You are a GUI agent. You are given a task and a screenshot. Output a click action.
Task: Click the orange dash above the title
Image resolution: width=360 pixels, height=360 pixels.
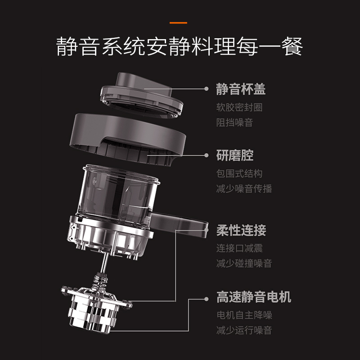pos(178,23)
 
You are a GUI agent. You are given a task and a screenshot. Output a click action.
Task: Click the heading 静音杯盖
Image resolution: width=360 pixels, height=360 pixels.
pos(241,89)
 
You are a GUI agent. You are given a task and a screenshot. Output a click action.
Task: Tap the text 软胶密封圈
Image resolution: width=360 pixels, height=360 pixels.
pos(239,107)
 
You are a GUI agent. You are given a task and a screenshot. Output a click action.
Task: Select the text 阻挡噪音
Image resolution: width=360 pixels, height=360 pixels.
pos(234,122)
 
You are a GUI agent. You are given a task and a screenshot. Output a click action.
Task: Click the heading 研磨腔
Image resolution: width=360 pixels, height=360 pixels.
pos(235,155)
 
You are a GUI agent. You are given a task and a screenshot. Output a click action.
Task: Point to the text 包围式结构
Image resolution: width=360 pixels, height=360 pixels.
pos(239,173)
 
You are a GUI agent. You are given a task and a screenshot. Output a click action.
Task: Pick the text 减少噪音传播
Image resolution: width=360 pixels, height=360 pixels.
pos(244,189)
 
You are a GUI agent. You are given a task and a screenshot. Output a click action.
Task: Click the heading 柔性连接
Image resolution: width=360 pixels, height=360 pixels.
pos(241,230)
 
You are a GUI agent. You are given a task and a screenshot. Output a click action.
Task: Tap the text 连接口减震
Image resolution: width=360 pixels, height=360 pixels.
pos(239,248)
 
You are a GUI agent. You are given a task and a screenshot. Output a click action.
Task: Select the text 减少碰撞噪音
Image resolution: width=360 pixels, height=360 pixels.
pos(244,263)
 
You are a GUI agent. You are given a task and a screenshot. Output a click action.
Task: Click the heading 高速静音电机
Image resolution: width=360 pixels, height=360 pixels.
pos(254,297)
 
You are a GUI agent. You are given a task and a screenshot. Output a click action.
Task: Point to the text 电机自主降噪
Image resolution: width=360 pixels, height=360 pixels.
pos(244,315)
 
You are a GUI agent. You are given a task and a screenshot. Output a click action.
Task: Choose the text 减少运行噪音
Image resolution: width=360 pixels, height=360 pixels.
pos(244,330)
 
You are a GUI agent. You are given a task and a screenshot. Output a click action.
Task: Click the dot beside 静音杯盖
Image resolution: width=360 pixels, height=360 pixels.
pos(207,89)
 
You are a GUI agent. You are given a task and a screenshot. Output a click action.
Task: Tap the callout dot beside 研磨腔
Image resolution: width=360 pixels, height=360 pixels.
pos(207,155)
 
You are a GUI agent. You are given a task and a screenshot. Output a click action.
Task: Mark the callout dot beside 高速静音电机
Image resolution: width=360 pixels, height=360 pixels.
pos(207,299)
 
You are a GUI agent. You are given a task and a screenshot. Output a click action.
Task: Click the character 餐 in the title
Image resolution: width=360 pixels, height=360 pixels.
pos(292,46)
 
